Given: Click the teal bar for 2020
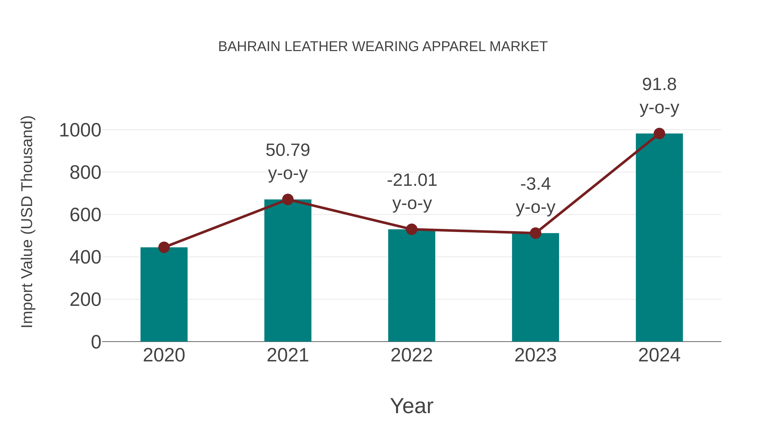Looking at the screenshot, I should click(164, 295).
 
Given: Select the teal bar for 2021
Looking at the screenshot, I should click(287, 271).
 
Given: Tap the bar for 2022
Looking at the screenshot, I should click(412, 286).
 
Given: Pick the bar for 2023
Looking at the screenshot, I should click(535, 287).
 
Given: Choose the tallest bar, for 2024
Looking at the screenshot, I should click(659, 238).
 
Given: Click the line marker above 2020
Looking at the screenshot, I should click(164, 247).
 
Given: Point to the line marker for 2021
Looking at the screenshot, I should click(287, 199).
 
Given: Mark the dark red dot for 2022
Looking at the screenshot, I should click(412, 229).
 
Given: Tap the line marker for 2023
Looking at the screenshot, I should click(535, 233).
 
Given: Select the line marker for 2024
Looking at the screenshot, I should click(659, 133).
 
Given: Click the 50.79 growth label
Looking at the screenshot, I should click(287, 150).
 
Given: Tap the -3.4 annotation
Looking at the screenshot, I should click(535, 184).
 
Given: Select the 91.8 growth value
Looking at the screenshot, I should click(659, 84).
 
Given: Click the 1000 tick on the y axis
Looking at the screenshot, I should click(80, 130).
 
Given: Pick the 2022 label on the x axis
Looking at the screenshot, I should click(412, 355).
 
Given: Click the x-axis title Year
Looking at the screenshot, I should click(412, 406).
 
